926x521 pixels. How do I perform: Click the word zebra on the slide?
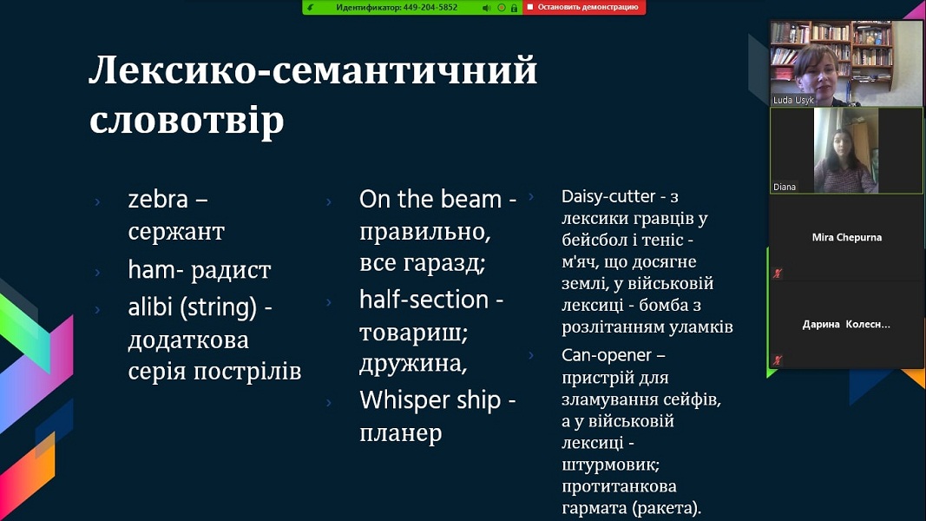(x=158, y=200)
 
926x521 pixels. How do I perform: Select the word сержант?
(x=176, y=232)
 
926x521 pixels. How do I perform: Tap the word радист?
(x=231, y=271)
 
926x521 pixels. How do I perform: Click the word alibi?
(x=148, y=307)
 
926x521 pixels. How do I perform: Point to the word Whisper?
(x=400, y=400)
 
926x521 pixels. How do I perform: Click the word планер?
(x=400, y=433)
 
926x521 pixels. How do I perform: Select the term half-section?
(x=424, y=300)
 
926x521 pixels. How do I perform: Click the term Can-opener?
(x=607, y=356)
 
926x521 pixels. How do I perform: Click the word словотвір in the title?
(x=187, y=120)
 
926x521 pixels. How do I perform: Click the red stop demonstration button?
(x=583, y=7)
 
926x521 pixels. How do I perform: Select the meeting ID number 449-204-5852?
(x=430, y=8)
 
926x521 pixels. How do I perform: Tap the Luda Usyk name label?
(x=793, y=100)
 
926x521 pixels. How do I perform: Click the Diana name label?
(x=785, y=187)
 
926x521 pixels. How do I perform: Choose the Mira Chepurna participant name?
(x=846, y=237)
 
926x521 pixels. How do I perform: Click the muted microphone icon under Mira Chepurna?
(x=778, y=273)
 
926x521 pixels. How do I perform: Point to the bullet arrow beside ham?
(x=97, y=273)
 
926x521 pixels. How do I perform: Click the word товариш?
(x=413, y=333)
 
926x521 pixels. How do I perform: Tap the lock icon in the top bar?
(x=514, y=8)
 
